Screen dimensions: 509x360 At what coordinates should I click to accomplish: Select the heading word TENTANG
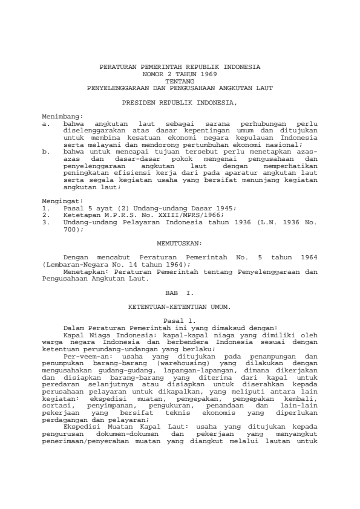pos(180,80)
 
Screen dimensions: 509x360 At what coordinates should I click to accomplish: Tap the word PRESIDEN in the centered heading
pos(137,103)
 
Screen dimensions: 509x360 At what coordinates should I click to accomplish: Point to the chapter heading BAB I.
pos(179,292)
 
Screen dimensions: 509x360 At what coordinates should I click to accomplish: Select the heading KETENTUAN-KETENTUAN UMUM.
pos(180,307)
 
